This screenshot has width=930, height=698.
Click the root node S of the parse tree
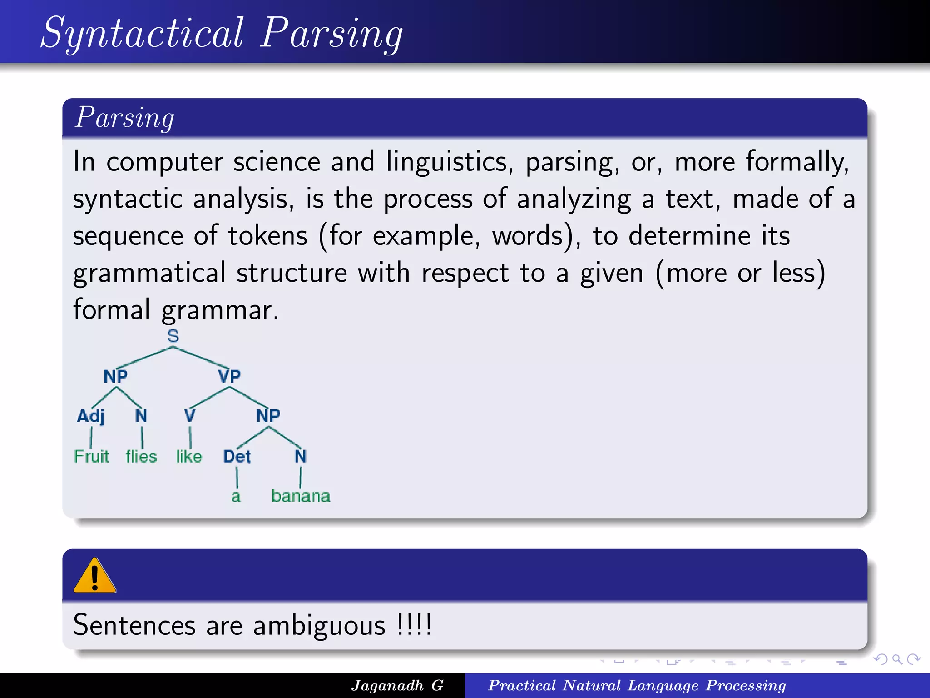click(173, 336)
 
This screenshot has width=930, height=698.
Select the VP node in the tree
click(229, 376)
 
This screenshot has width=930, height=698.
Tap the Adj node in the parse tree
click(90, 416)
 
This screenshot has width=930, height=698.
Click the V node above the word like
click(189, 416)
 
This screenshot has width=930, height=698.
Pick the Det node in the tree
click(237, 456)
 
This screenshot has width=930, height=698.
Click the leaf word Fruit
click(91, 456)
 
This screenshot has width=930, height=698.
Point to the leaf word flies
click(141, 456)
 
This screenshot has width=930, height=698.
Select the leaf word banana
click(301, 496)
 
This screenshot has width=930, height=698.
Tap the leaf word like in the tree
click(189, 456)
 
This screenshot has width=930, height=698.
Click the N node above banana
click(301, 456)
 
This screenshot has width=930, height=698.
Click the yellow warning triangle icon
click(95, 576)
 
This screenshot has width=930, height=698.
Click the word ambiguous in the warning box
click(319, 625)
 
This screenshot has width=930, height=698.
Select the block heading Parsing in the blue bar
click(124, 118)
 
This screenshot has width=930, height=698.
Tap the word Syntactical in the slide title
click(143, 33)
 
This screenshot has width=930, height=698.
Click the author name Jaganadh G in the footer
click(397, 685)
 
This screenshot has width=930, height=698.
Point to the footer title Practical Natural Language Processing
click(637, 685)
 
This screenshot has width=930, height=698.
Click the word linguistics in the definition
click(449, 161)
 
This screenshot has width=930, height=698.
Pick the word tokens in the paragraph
click(267, 236)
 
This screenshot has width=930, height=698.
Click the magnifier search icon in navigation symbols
click(897, 659)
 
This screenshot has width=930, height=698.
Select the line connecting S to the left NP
click(145, 357)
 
